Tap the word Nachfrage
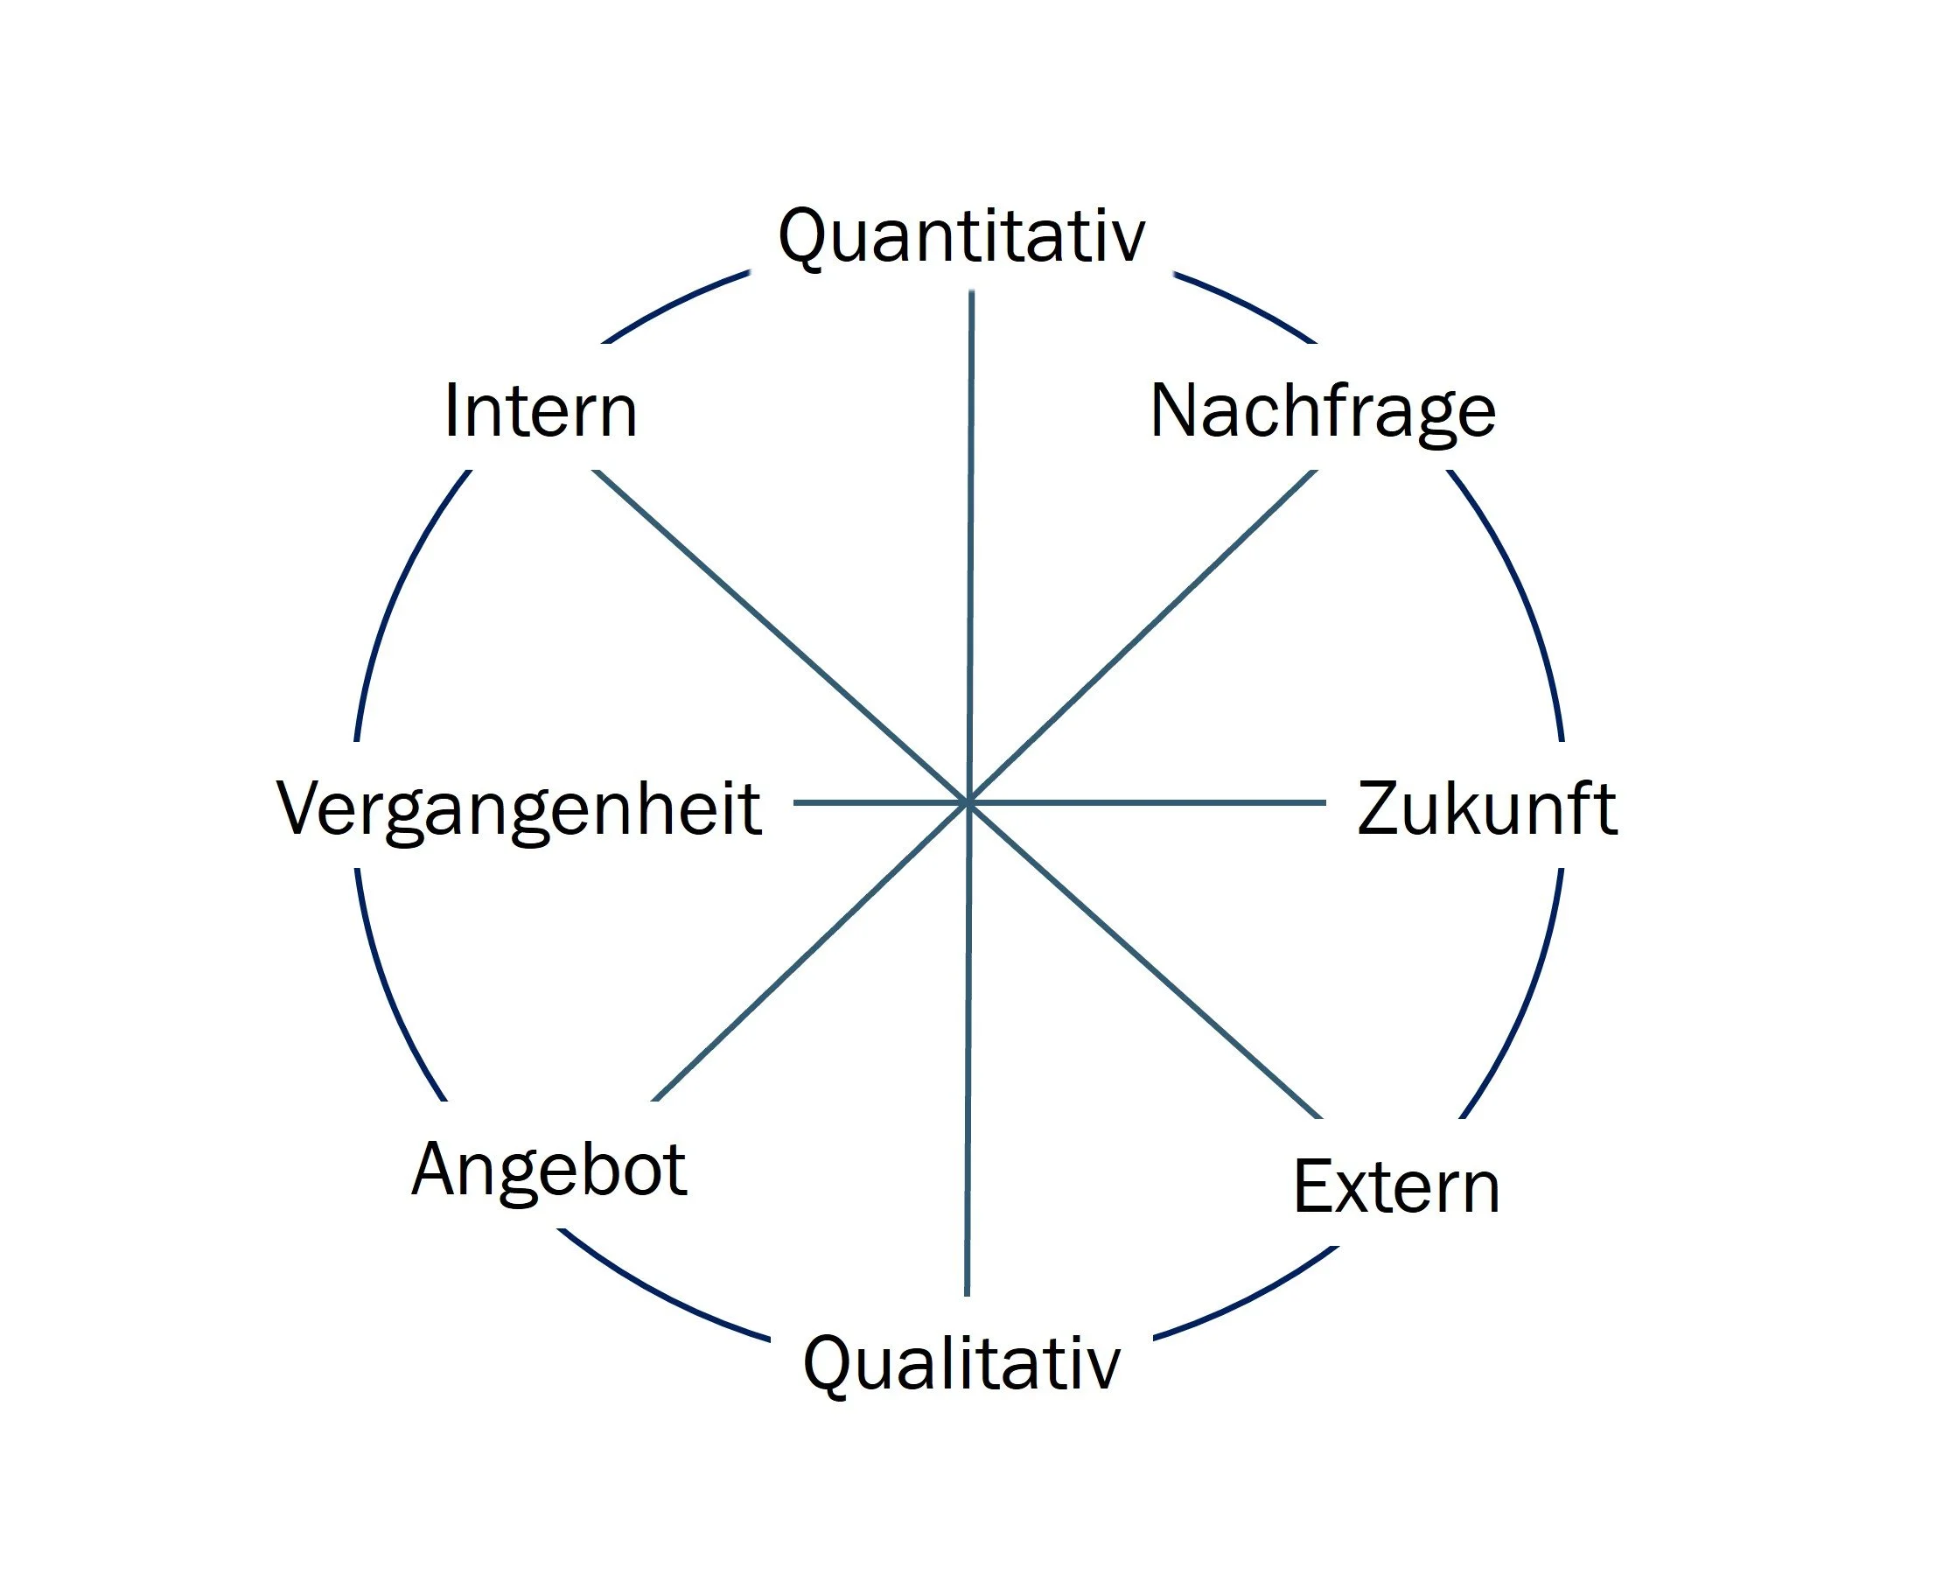pyautogui.click(x=1323, y=411)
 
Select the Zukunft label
pyautogui.click(x=1486, y=808)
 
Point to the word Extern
pyautogui.click(x=1396, y=1187)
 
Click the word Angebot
pyautogui.click(x=549, y=1171)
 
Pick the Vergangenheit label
pyautogui.click(x=520, y=808)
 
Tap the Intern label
pyautogui.click(x=542, y=411)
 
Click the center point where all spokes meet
pyautogui.click(x=968, y=803)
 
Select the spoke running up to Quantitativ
pyautogui.click(x=971, y=544)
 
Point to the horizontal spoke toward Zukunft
pyautogui.click(x=1147, y=803)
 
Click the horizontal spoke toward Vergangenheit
pyautogui.click(x=879, y=803)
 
